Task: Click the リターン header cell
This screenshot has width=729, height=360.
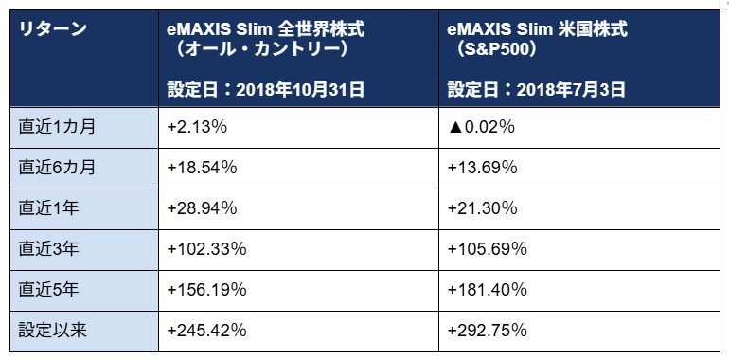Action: click(x=53, y=28)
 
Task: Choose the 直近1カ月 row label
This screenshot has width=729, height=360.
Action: click(x=56, y=127)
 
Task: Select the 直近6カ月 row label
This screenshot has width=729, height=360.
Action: click(x=56, y=168)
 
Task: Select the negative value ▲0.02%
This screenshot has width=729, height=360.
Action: click(x=482, y=127)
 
